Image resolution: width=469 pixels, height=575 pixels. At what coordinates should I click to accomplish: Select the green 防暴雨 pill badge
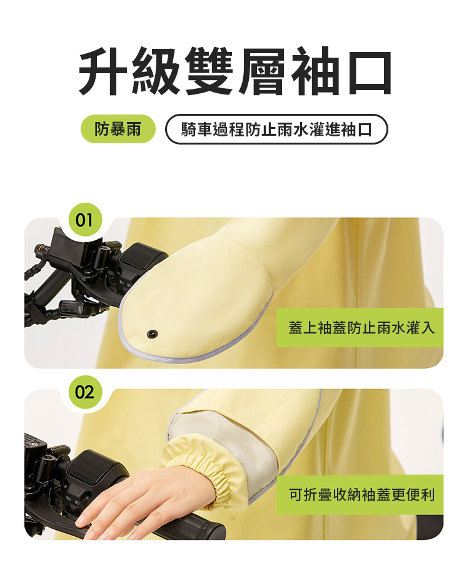[118, 129]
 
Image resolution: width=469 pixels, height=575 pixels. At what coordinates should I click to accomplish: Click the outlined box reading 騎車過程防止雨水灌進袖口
[276, 129]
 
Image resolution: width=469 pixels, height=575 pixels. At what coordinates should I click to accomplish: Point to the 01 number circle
[85, 220]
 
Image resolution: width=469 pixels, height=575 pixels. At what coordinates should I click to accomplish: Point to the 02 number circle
[85, 392]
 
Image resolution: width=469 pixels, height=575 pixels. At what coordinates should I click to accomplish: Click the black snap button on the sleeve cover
[152, 333]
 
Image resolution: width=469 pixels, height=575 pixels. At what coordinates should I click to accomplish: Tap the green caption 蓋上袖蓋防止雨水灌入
[360, 327]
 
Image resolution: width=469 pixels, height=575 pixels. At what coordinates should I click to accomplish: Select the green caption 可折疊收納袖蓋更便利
[360, 494]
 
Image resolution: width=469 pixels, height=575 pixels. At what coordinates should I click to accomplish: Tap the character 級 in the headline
[156, 71]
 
